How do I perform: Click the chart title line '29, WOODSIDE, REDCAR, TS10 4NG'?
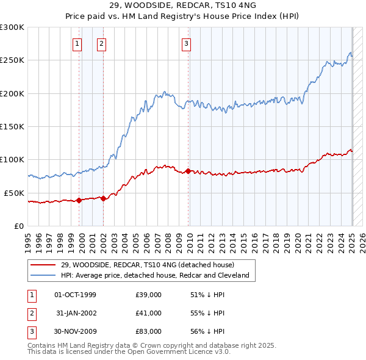pos(182,6)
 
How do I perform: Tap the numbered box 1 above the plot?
pos(78,43)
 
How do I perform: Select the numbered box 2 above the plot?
pos(101,43)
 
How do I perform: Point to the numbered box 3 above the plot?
pos(185,43)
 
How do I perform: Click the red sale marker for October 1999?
pos(79,200)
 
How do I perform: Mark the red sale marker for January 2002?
pos(104,198)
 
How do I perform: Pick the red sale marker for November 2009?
pos(188,171)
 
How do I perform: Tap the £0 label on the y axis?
pos(20,226)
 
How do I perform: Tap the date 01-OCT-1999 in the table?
pos(76,295)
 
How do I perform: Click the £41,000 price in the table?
pos(148,313)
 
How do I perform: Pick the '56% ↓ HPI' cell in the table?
pos(207,331)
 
